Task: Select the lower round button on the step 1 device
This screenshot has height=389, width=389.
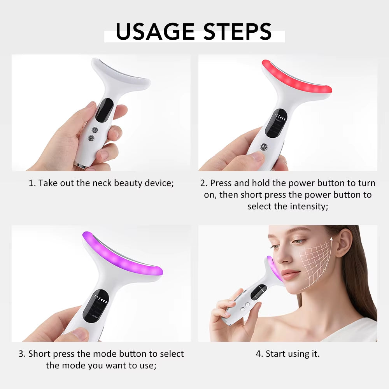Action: point(91,138)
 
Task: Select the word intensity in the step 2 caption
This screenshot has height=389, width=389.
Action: point(308,206)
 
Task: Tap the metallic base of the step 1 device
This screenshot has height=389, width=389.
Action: point(81,166)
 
